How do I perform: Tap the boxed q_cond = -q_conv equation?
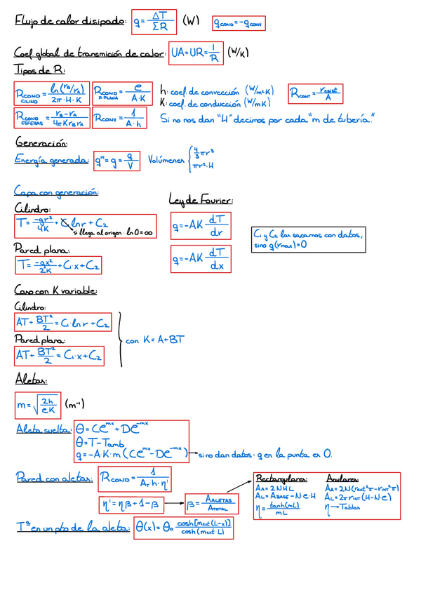click(x=239, y=25)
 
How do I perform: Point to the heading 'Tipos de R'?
click(x=33, y=69)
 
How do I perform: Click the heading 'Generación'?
click(x=39, y=142)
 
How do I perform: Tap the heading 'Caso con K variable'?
click(x=55, y=290)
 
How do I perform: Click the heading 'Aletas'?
click(x=31, y=380)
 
